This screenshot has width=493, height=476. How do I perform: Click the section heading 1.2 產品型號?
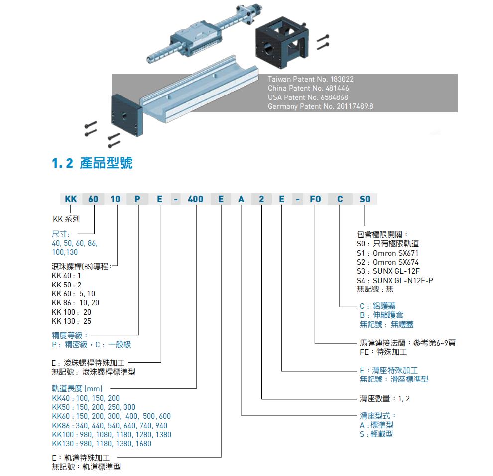93,163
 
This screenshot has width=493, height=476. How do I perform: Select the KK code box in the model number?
71,199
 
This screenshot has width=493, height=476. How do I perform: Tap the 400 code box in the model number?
195,199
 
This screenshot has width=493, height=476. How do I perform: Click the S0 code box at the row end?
365,199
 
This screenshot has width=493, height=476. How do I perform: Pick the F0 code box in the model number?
315,199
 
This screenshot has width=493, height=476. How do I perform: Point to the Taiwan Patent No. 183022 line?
311,79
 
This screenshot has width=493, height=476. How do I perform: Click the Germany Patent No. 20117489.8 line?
320,106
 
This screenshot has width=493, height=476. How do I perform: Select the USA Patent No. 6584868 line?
308,97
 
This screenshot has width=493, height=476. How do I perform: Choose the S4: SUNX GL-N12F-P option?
395,280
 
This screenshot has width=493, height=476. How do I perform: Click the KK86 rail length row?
110,425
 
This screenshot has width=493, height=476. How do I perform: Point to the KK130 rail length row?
102,443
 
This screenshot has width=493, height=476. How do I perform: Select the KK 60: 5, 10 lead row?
73,294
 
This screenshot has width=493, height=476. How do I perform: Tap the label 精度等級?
70,335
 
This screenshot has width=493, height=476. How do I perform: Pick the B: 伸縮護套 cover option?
381,315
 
